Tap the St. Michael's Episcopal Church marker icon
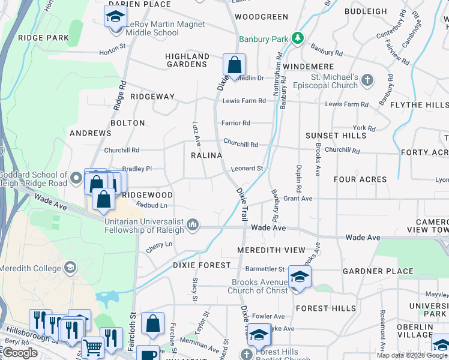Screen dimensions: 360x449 coord(368,80)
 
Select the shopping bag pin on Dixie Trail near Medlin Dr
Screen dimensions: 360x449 coord(234,65)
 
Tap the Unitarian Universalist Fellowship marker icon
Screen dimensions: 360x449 coord(193,225)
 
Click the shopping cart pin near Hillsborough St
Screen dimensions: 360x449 coord(92,347)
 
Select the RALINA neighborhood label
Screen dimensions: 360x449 coord(206,155)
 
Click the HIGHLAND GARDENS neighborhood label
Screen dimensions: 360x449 coord(187,61)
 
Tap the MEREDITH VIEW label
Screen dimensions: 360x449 coord(271,250)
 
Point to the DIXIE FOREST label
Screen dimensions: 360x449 coord(202,265)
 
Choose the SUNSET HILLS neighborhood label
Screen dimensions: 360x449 coord(336,136)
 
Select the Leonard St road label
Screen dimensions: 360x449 coord(247,169)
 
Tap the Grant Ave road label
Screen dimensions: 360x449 coord(298,198)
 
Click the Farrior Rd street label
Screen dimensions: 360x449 coord(235,123)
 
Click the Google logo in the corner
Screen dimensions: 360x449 coord(20,353)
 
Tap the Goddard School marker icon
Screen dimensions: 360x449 coord(76,178)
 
